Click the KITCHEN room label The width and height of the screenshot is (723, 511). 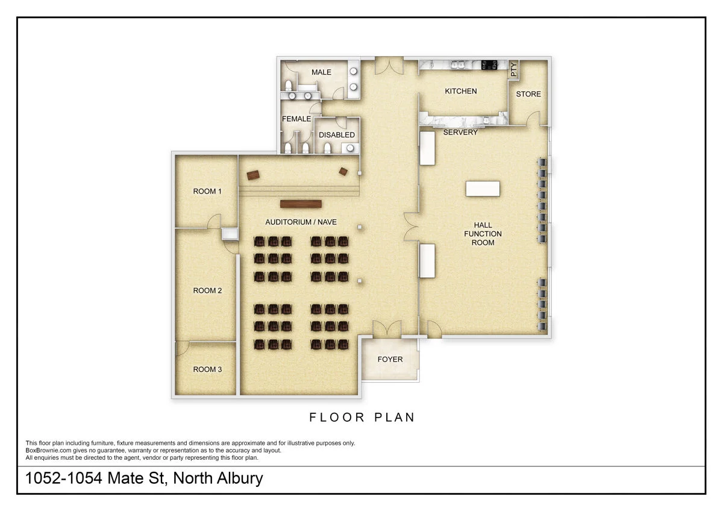(460, 92)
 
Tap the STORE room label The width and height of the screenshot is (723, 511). (528, 94)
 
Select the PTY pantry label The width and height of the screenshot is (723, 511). (513, 70)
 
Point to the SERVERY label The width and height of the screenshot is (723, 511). (460, 133)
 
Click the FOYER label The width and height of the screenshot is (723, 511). (390, 359)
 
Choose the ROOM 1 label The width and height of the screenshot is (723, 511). (207, 192)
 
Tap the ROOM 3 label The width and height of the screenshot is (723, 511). (207, 369)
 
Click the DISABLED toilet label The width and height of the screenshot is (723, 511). (337, 135)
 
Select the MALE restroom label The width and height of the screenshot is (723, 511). (321, 72)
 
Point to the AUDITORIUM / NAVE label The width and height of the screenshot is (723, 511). (301, 222)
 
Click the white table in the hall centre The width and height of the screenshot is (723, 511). (483, 189)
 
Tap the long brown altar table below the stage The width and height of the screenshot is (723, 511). (301, 204)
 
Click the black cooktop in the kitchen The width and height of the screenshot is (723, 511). (489, 65)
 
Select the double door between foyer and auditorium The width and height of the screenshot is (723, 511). (387, 328)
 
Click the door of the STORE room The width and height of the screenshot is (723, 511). (533, 119)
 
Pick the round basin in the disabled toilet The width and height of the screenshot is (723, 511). (350, 148)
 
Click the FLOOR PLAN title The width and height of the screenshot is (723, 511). (362, 418)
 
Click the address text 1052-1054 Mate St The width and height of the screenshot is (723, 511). (96, 478)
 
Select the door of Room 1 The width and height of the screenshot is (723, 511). (214, 221)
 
